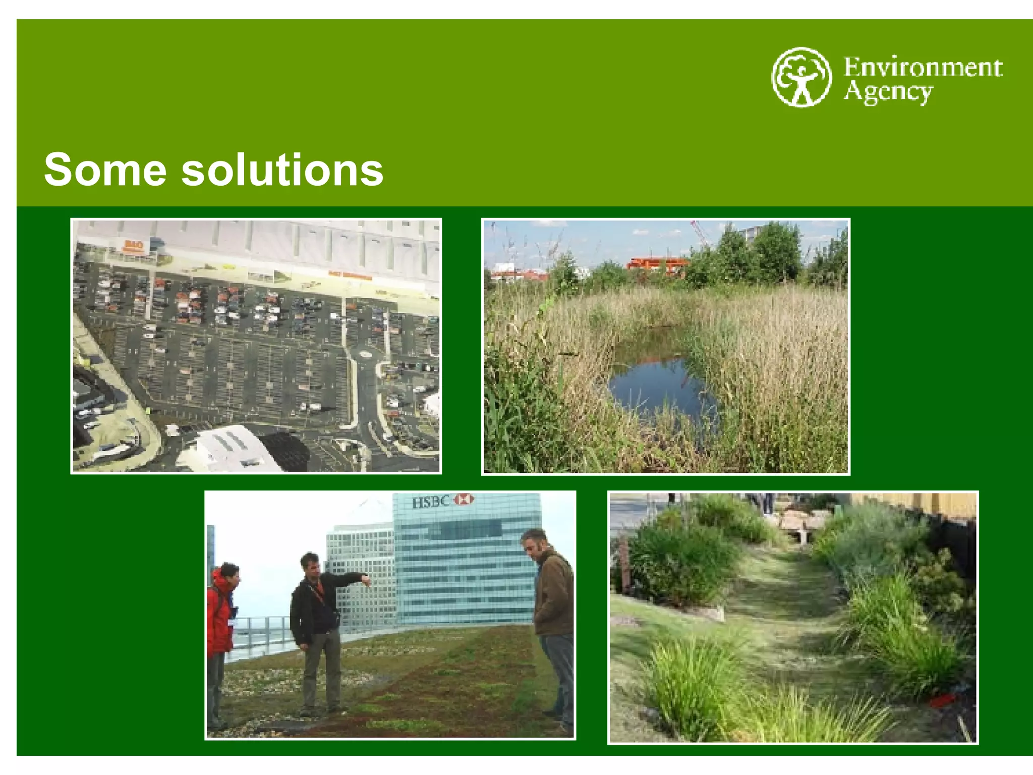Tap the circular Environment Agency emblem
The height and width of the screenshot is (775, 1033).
801,77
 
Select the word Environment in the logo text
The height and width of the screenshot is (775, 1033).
923,67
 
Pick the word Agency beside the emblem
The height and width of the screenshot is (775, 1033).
888,92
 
